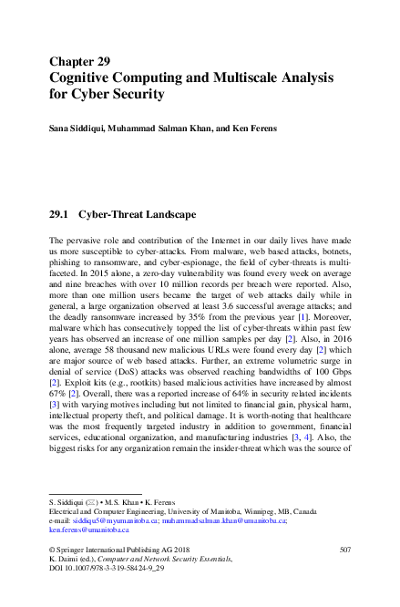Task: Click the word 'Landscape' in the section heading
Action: pos(165,216)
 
